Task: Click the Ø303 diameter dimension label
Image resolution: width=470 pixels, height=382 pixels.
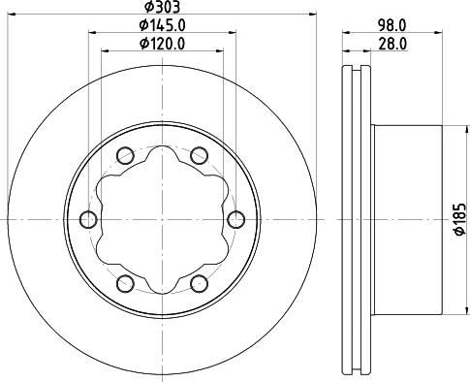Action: tap(162, 7)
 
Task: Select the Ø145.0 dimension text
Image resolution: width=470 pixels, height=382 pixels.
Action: tap(163, 25)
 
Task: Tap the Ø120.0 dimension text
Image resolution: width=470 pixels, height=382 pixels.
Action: tap(163, 44)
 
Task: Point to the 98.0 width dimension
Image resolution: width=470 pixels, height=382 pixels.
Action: tap(392, 25)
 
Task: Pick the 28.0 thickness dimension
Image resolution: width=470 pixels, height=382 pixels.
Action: tap(392, 44)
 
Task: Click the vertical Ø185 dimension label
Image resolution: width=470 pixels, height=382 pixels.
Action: tap(459, 219)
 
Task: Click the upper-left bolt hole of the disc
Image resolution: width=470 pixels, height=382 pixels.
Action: tap(125, 155)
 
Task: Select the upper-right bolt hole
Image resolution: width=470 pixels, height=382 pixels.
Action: tap(199, 155)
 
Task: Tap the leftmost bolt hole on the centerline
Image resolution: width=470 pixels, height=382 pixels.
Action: tap(88, 219)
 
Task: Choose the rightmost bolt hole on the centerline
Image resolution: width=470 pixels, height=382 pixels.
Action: tap(235, 219)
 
